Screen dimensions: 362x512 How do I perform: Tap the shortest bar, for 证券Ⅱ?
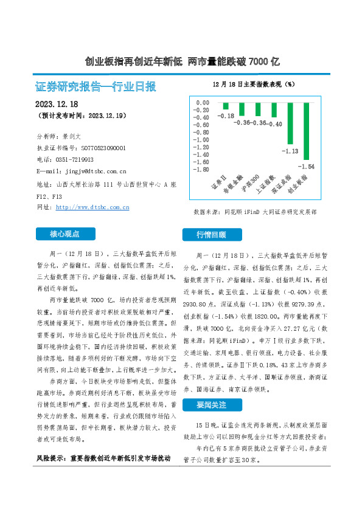click(225, 105)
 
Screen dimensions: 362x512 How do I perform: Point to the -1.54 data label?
click(307, 166)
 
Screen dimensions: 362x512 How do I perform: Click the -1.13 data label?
click(290, 151)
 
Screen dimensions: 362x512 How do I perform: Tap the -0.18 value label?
click(227, 116)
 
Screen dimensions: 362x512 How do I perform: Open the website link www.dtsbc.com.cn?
click(92, 207)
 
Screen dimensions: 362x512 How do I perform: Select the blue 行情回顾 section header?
click(211, 235)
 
